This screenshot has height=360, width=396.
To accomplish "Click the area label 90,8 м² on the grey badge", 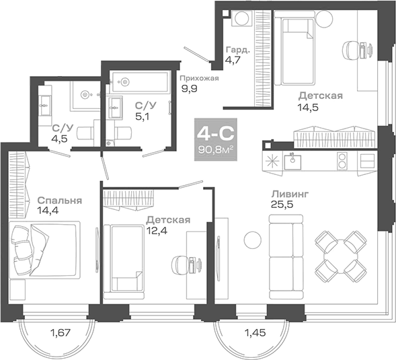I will [x=210, y=149].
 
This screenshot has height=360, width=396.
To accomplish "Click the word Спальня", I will [x=60, y=200].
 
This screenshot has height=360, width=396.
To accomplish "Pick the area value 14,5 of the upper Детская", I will [x=309, y=106].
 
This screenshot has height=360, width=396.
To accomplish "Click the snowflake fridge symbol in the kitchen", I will [x=274, y=161].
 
